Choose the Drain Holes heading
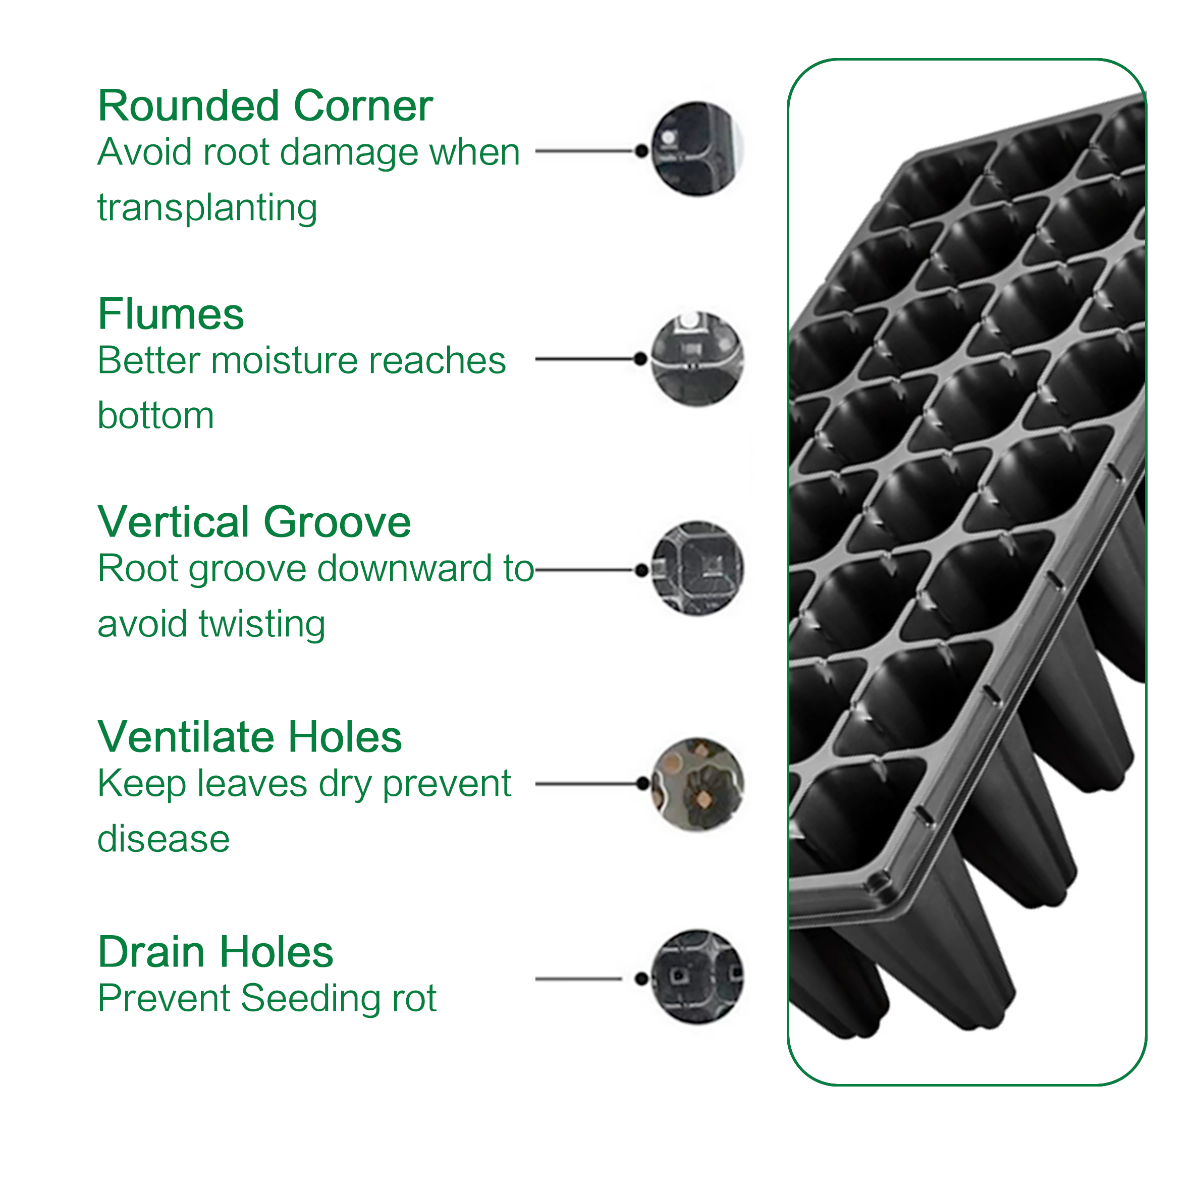point(215,952)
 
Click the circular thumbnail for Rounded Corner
point(697,149)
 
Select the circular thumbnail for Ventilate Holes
point(697,784)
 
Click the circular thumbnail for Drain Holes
point(697,978)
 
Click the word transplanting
point(207,208)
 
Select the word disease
point(164,839)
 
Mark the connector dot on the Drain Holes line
point(641,979)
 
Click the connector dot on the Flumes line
point(641,358)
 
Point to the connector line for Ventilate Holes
point(586,784)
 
